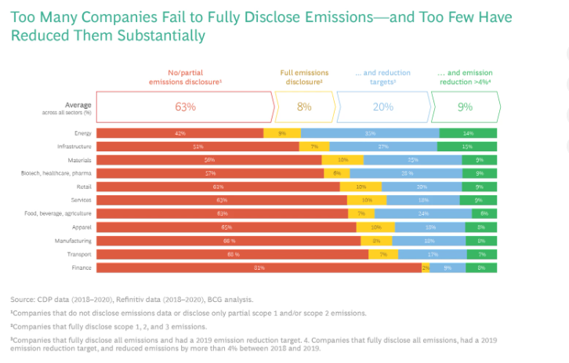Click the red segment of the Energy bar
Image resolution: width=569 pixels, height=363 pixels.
click(180, 133)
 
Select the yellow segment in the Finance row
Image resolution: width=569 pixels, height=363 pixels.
click(426, 268)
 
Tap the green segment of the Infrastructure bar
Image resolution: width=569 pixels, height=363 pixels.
click(468, 147)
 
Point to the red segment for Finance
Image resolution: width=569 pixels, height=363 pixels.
click(259, 268)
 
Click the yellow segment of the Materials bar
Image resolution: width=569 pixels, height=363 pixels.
click(342, 160)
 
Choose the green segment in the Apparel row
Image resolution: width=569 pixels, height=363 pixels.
click(480, 227)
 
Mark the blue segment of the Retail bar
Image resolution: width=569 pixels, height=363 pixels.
click(422, 187)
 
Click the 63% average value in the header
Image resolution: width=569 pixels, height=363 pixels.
click(185, 106)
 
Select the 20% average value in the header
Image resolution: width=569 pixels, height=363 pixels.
click(382, 106)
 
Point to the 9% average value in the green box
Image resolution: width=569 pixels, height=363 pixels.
click(466, 106)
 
